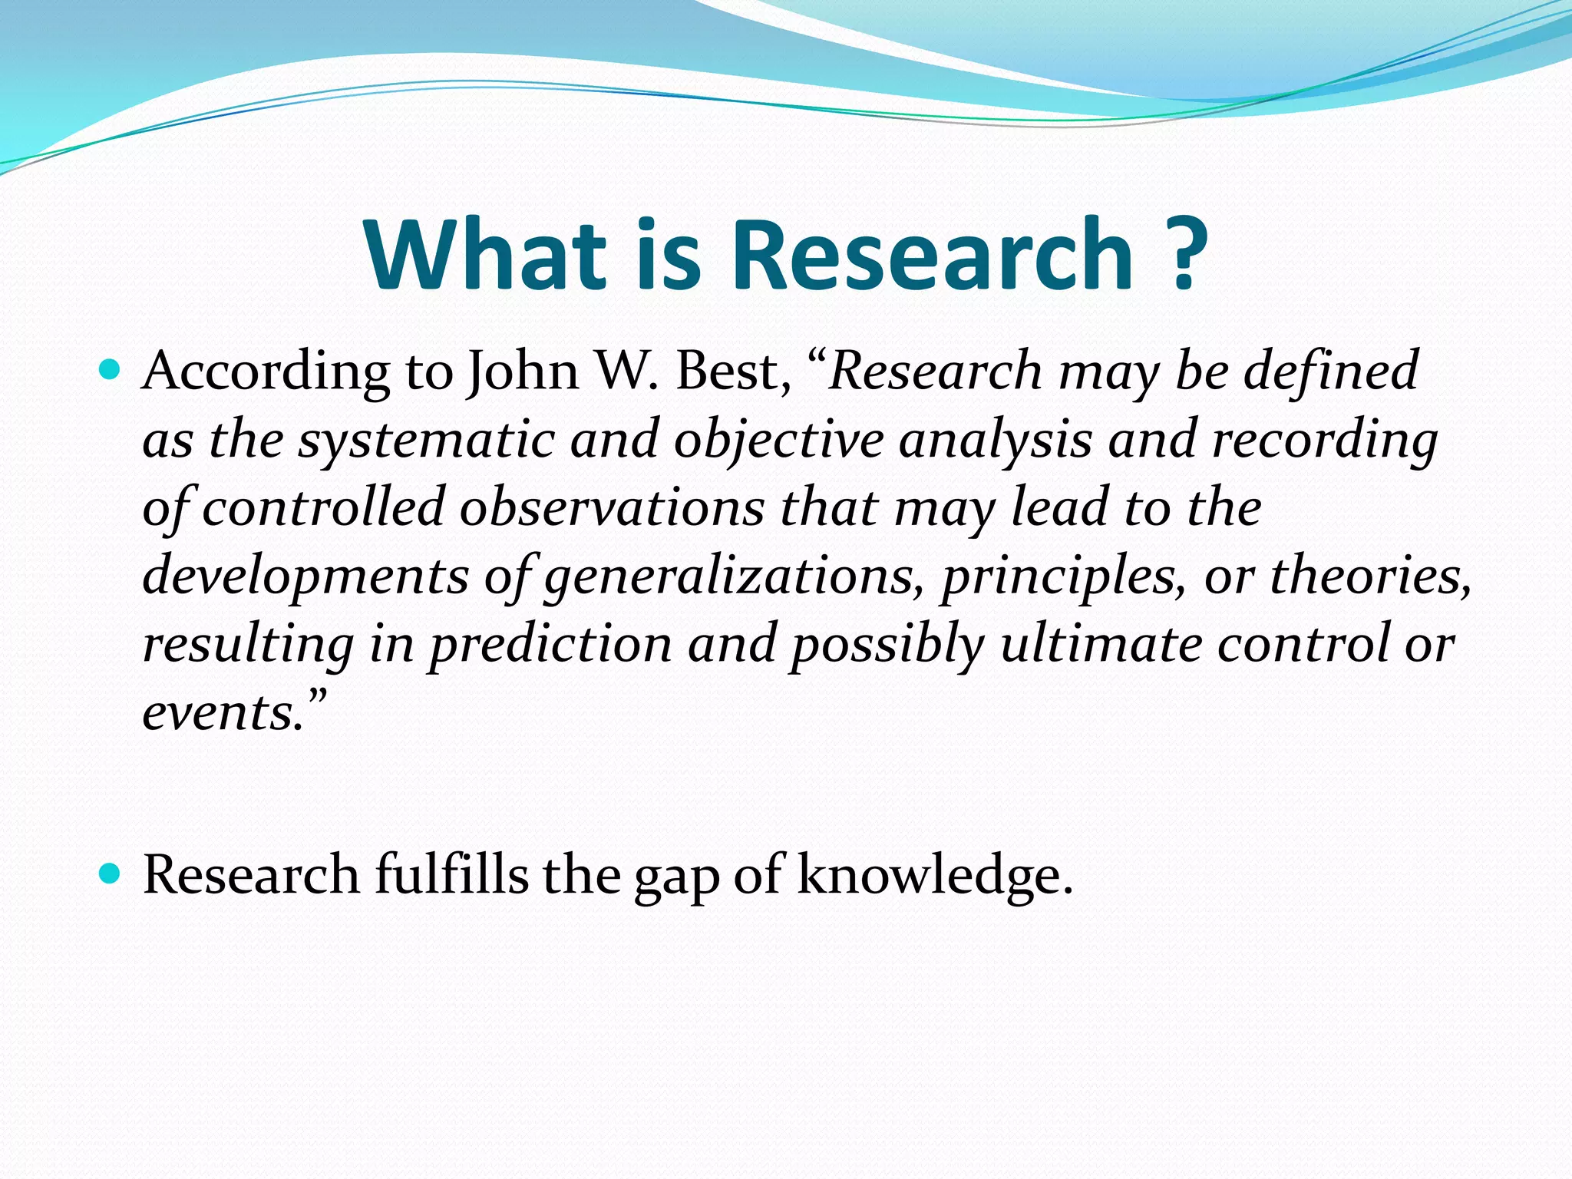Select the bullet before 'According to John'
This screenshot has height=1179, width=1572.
click(111, 371)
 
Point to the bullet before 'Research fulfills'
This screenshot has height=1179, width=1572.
click(111, 874)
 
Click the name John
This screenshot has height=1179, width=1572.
click(523, 372)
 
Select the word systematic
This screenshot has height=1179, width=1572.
click(426, 441)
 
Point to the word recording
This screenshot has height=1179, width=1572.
click(1323, 441)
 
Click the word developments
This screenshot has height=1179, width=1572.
click(305, 576)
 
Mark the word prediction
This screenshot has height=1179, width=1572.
click(550, 644)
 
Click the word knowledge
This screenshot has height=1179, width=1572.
click(932, 876)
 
